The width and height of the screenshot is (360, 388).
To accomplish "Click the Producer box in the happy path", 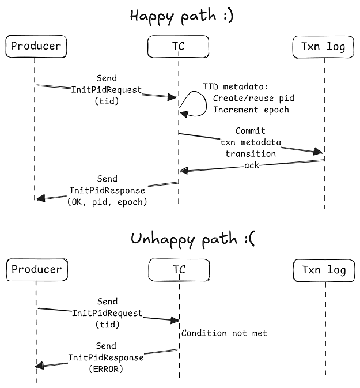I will tap(35, 46).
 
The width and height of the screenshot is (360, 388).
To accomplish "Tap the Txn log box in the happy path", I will tap(323, 47).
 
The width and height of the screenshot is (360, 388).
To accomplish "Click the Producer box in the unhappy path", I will tap(36, 269).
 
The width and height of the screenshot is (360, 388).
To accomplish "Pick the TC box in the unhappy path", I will tap(179, 269).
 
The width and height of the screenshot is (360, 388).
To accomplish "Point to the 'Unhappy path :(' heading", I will tap(192, 238).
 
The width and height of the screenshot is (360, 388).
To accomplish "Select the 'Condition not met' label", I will tap(224, 333).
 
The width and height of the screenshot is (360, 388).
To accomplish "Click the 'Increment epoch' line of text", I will tap(251, 110).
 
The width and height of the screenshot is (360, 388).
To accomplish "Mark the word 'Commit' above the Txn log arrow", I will tap(251, 131).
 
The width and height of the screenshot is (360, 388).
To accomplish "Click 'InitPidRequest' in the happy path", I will tap(107, 89).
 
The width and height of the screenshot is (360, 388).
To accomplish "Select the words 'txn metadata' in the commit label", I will tap(251, 142).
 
